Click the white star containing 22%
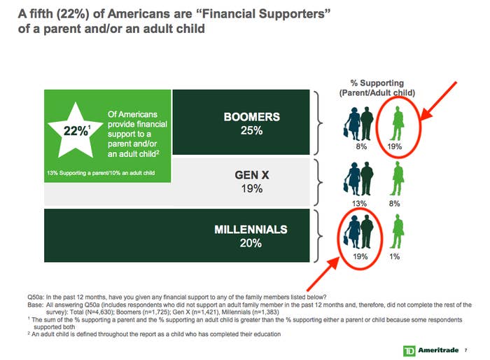pyautogui.click(x=76, y=131)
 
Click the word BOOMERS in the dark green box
pyautogui.click(x=251, y=117)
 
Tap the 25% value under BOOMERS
pyautogui.click(x=251, y=130)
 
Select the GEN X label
pyautogui.click(x=252, y=175)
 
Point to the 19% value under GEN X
pyautogui.click(x=252, y=188)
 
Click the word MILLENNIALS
pyautogui.click(x=251, y=230)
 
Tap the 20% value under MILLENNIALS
pyautogui.click(x=251, y=243)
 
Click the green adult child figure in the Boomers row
pyautogui.click(x=397, y=123)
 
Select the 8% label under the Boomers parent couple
pyautogui.click(x=361, y=146)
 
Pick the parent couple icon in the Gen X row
pyautogui.click(x=358, y=179)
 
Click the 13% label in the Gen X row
pyautogui.click(x=359, y=204)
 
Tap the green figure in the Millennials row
pyautogui.click(x=397, y=231)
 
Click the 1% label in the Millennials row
pyautogui.click(x=394, y=256)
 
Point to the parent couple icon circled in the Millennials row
pyautogui.click(x=358, y=232)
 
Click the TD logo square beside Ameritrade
pyautogui.click(x=409, y=351)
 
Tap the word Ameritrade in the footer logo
pyautogui.click(x=438, y=350)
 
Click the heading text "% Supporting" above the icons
pyautogui.click(x=377, y=83)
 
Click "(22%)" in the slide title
pyautogui.click(x=73, y=14)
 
